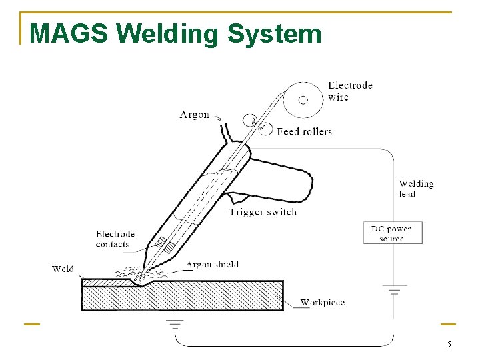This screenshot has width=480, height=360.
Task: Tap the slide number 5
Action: [449, 345]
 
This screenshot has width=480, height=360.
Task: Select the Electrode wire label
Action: [349, 91]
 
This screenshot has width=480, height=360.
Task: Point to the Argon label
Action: [194, 115]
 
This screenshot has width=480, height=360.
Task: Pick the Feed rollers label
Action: [304, 131]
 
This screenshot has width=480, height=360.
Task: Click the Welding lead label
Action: [416, 189]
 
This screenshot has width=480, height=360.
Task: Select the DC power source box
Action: [392, 233]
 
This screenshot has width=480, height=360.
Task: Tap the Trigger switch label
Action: [263, 212]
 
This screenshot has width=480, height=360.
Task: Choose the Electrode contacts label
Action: [115, 239]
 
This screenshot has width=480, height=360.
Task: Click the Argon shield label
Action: [212, 265]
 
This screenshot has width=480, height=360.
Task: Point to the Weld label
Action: [63, 269]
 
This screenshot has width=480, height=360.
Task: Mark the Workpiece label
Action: [322, 302]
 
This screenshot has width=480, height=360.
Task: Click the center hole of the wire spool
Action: [303, 99]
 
